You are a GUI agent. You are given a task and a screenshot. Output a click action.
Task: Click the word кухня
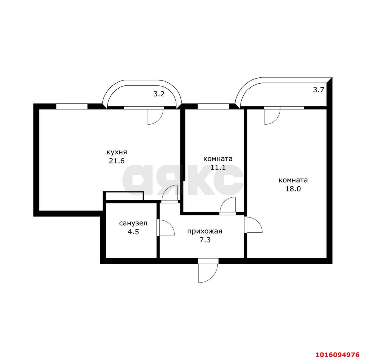[x=116, y=152]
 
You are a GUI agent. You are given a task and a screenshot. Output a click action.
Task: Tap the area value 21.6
[x=116, y=161]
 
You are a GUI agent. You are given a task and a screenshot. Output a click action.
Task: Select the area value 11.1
[x=218, y=168]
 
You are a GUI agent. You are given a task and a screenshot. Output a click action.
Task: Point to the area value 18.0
[x=293, y=189]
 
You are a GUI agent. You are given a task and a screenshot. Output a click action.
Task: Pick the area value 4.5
[x=133, y=232]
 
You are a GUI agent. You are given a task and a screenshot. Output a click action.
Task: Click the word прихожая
[x=204, y=231]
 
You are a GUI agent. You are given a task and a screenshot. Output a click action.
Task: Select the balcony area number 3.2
[x=159, y=94]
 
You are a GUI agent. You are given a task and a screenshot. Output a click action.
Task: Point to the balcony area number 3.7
[x=319, y=90]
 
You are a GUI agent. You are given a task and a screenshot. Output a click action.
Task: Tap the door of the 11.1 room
[x=228, y=206]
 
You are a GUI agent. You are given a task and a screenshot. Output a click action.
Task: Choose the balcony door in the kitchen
[x=155, y=116]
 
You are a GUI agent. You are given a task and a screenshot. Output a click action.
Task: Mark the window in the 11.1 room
[x=213, y=107]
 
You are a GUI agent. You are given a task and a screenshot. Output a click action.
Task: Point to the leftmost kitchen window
[x=71, y=106]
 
